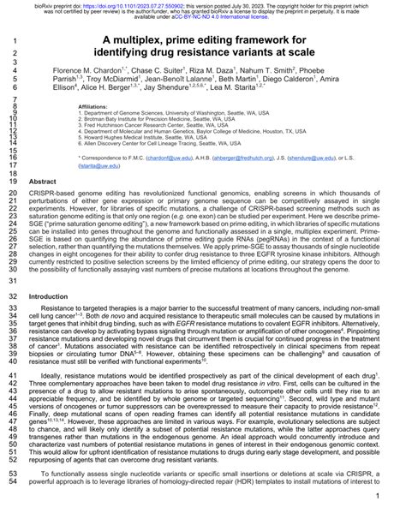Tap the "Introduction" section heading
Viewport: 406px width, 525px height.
click(x=51, y=296)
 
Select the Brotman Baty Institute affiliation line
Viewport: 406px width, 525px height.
click(x=148, y=119)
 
